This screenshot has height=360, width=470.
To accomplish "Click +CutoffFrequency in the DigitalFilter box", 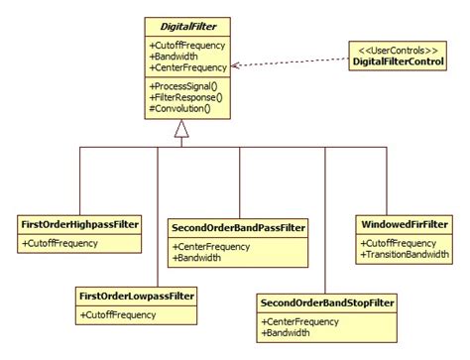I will coord(186,46).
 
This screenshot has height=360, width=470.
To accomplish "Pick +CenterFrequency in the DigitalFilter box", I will coord(186,67).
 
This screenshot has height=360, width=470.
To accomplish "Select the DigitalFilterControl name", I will coord(399,62).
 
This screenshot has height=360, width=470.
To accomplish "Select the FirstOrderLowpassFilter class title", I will coord(137,297).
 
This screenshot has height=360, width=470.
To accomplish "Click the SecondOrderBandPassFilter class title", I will coord(239,227).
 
